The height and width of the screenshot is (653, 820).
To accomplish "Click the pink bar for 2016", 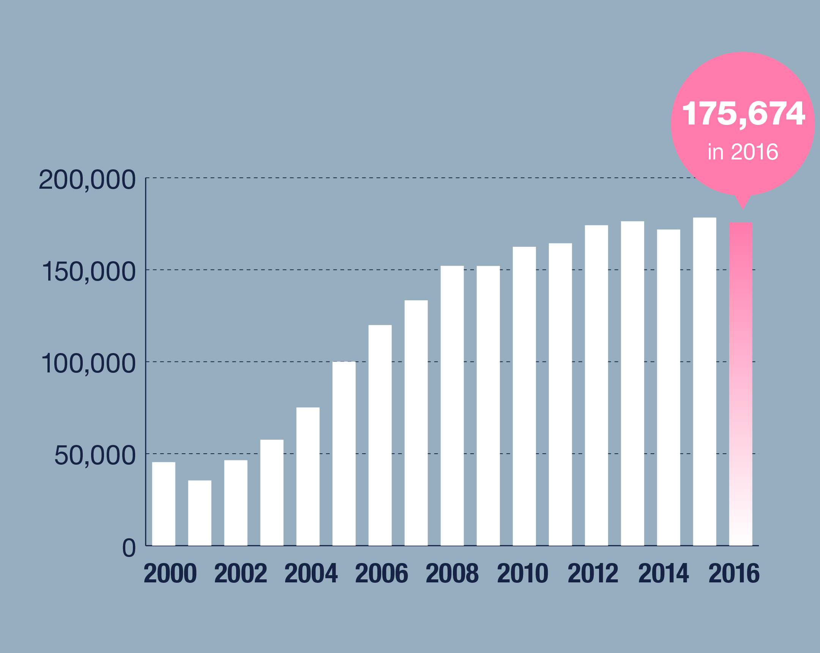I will coord(741,384).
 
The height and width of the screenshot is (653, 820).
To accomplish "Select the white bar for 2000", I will coord(164,504).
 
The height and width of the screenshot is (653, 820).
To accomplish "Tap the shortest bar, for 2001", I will coord(200,513).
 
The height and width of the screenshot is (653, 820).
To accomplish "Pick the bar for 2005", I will coord(344,454).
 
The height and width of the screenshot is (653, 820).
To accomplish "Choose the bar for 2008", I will coord(452,406).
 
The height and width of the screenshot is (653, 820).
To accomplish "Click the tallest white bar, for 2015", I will coord(704,382).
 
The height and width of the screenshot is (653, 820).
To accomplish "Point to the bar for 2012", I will coord(596,385).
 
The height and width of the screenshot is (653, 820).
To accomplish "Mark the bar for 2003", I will coord(271,492).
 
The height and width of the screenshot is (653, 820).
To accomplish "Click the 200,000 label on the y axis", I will coord(87,180).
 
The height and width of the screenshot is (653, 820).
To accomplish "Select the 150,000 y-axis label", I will coord(88,272).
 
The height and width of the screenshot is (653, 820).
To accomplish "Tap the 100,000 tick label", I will coord(88,364).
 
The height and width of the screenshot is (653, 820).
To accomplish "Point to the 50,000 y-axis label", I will coord(95,455).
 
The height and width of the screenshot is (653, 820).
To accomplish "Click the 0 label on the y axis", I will coord(129,548).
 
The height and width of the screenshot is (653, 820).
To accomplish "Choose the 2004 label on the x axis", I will coord(311,574).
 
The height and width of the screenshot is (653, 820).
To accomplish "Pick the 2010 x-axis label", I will coord(523,574).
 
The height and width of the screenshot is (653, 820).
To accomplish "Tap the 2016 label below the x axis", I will coord(734,574).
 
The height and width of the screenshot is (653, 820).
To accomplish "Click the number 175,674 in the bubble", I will coord(743,113).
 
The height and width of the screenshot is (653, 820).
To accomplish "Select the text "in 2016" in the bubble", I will coord(743,152).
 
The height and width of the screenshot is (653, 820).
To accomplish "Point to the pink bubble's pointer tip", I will coord(743,208).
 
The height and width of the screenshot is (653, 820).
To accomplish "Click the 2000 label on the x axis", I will coord(170,574).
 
